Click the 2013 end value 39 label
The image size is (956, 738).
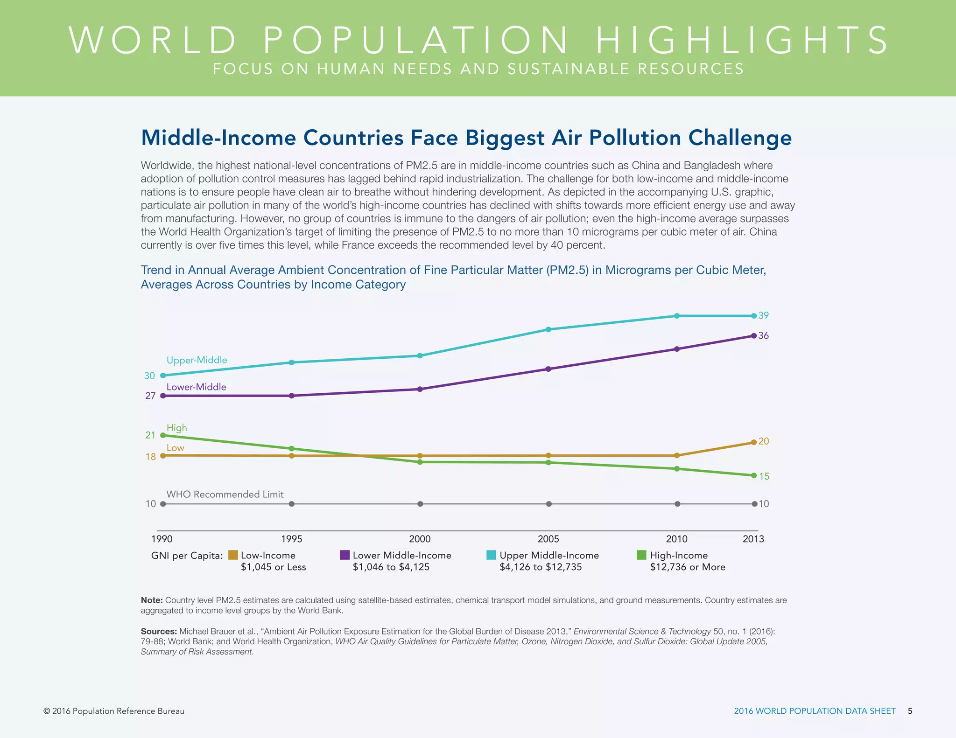coord(763,316)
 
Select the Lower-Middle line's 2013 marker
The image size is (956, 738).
coord(754,336)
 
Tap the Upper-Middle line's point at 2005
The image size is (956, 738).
coord(548,329)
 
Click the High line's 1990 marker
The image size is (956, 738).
coord(163,435)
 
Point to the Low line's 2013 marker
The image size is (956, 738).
coord(754,442)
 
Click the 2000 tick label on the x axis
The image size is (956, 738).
coord(420,539)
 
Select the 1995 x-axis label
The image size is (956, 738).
coord(291,539)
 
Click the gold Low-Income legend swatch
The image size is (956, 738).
coord(233,555)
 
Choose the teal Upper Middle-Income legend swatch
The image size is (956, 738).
coord(491,555)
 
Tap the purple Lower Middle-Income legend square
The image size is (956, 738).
coord(345,555)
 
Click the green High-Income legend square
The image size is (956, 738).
coord(641,555)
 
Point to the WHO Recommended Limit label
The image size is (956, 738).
coord(225,494)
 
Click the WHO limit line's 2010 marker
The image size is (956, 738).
coord(677,504)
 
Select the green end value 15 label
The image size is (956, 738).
coord(764,476)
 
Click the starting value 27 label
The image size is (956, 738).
coord(150,396)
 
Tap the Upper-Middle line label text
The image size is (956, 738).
coord(197,360)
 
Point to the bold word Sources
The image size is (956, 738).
coord(159,632)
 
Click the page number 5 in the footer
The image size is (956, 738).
coord(910,711)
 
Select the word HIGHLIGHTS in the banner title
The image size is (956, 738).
coord(742,41)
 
